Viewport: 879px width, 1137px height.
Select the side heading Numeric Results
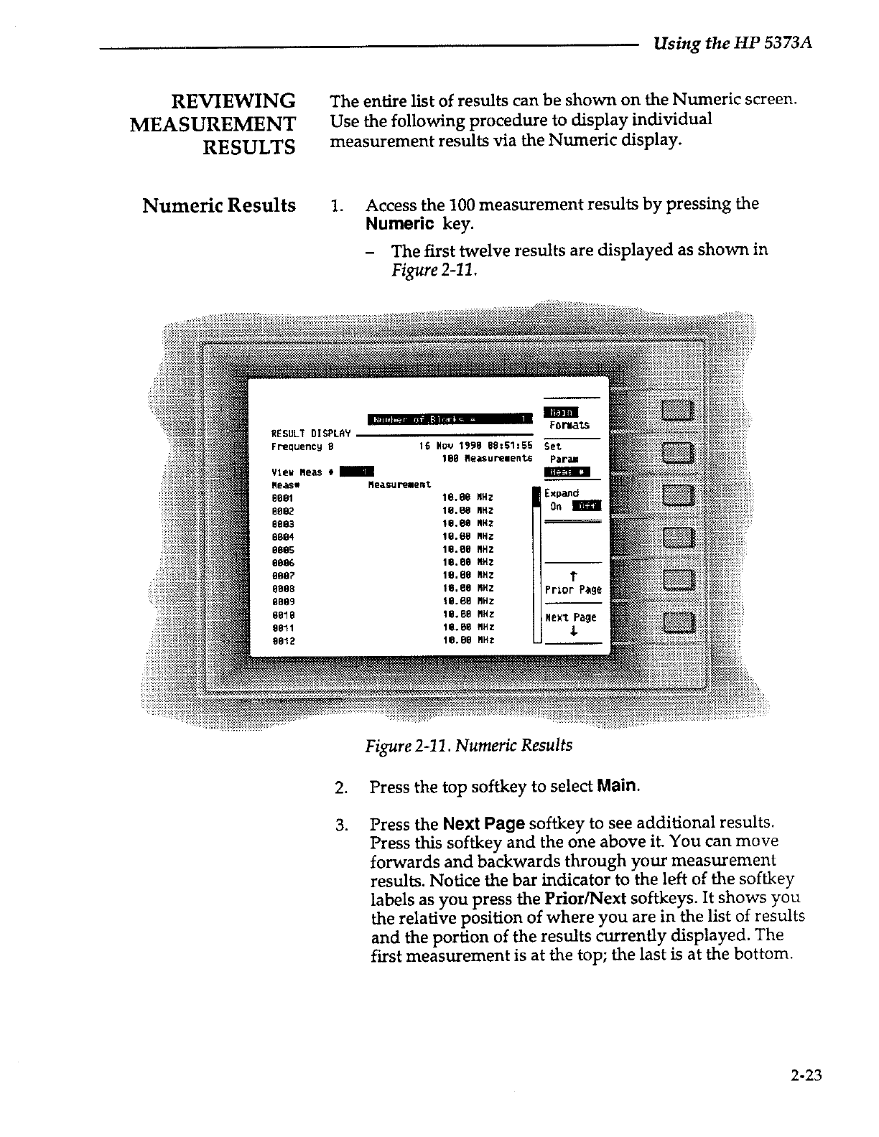pos(219,205)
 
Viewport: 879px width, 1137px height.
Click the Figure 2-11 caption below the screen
pos(468,745)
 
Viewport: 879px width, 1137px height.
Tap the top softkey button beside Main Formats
pos(677,411)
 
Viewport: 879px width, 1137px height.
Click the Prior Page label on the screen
pos(572,590)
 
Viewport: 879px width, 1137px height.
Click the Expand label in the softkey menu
pos(561,493)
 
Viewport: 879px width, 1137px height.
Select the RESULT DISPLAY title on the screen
pos(310,434)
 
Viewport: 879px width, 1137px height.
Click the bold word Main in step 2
pos(616,786)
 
